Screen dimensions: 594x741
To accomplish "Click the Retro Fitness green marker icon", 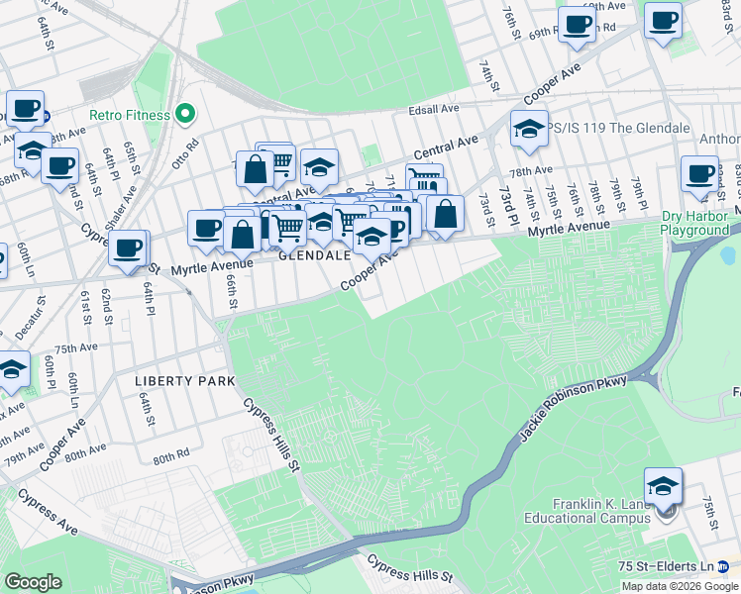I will (184, 115).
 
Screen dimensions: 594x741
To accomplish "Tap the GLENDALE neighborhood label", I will (314, 254).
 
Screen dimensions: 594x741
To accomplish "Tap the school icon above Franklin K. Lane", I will (663, 486).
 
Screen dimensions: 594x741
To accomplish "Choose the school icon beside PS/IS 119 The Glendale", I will (529, 129).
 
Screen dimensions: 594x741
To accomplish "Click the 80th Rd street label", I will (170, 457).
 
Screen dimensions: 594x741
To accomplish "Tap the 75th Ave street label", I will (75, 348).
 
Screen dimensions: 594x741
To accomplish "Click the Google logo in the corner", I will (33, 582).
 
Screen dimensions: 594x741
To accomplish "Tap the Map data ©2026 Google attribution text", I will (681, 586).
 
